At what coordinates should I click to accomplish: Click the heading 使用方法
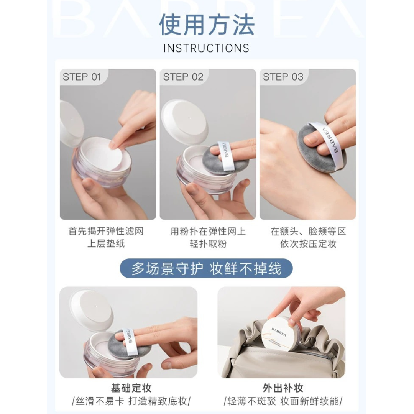[207, 25]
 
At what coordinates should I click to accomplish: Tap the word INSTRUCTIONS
[206, 48]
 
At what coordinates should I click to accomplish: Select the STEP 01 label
[82, 77]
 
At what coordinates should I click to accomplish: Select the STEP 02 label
[183, 77]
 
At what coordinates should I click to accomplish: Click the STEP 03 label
[283, 77]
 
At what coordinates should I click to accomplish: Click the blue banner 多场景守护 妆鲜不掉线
[207, 269]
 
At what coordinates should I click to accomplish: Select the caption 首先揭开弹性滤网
[106, 232]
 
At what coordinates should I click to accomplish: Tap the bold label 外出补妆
[283, 388]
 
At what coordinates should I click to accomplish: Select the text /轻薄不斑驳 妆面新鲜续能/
[283, 401]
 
